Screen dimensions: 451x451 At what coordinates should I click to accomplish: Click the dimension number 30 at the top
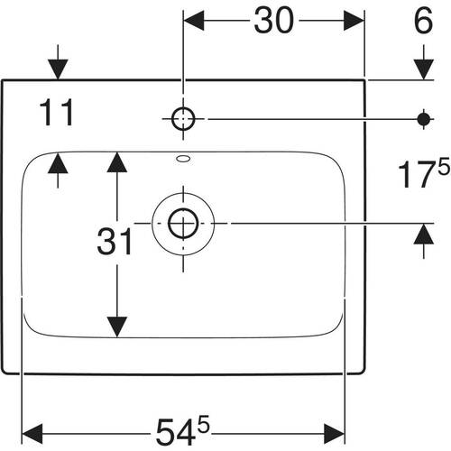[x=273, y=21]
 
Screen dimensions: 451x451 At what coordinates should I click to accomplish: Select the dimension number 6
[x=424, y=21]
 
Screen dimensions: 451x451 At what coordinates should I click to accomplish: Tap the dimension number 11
[x=57, y=113]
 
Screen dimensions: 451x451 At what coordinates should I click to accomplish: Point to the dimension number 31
[x=115, y=242]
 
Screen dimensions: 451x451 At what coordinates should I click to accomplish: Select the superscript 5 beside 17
[x=444, y=167]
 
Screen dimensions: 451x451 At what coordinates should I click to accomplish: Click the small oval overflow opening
[x=183, y=159]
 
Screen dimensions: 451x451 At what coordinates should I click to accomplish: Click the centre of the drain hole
[x=183, y=224]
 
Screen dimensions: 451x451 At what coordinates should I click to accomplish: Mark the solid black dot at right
[x=424, y=119]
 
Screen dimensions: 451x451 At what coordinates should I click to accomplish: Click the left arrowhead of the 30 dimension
[x=194, y=21]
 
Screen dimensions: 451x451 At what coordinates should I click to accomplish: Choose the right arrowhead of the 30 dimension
[x=354, y=21]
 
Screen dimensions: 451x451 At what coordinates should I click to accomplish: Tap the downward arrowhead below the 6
[x=424, y=69]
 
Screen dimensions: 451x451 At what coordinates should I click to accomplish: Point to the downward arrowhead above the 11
[x=58, y=69]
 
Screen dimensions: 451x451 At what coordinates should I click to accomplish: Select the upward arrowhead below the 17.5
[x=424, y=234]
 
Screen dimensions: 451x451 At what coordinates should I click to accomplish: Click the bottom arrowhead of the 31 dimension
[x=117, y=327]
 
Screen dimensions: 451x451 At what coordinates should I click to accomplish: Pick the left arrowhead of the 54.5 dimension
[x=32, y=434]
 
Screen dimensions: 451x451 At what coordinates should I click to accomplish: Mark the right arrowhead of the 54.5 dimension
[x=335, y=434]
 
